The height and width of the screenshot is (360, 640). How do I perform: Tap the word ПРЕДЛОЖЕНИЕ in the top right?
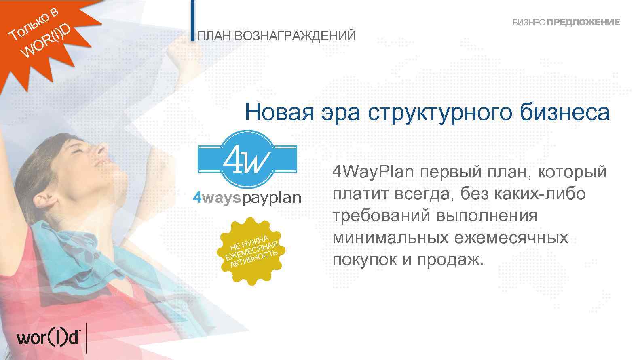point(583,23)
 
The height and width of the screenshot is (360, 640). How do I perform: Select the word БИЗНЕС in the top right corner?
point(529,23)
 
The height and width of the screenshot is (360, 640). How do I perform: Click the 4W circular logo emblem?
point(247,159)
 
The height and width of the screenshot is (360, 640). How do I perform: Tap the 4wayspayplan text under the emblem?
point(247,198)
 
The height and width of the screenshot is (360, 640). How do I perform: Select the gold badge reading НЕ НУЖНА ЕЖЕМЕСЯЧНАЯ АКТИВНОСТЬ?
point(251,251)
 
